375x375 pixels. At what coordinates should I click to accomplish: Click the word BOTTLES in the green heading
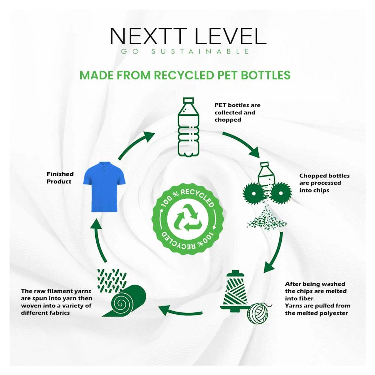265,75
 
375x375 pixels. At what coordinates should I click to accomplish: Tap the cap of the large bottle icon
188,100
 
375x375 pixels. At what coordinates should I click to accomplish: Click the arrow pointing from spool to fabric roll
180,310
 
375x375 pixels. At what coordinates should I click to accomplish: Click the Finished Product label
60,178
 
